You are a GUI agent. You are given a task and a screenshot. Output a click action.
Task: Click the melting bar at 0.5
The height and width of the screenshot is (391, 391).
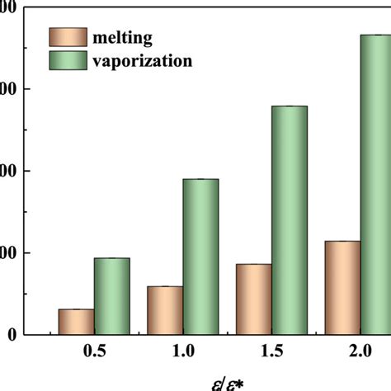76,322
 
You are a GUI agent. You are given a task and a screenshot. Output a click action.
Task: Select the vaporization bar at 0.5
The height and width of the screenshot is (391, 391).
111,296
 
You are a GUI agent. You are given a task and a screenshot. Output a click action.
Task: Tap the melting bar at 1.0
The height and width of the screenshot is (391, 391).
165,310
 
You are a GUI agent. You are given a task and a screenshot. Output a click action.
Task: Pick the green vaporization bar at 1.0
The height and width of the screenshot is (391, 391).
200,257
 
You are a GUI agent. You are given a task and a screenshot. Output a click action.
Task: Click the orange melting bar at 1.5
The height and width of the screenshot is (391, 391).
254,299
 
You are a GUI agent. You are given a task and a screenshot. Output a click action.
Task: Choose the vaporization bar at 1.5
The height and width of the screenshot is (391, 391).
290,220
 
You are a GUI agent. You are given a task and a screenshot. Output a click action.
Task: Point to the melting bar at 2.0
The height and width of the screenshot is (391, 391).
343,288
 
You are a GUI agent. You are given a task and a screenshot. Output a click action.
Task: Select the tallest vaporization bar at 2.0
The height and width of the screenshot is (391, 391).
378,185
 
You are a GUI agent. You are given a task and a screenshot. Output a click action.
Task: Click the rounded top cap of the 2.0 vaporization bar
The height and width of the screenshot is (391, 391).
378,35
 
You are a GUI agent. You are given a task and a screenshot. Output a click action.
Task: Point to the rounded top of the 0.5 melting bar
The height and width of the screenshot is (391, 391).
76,310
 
